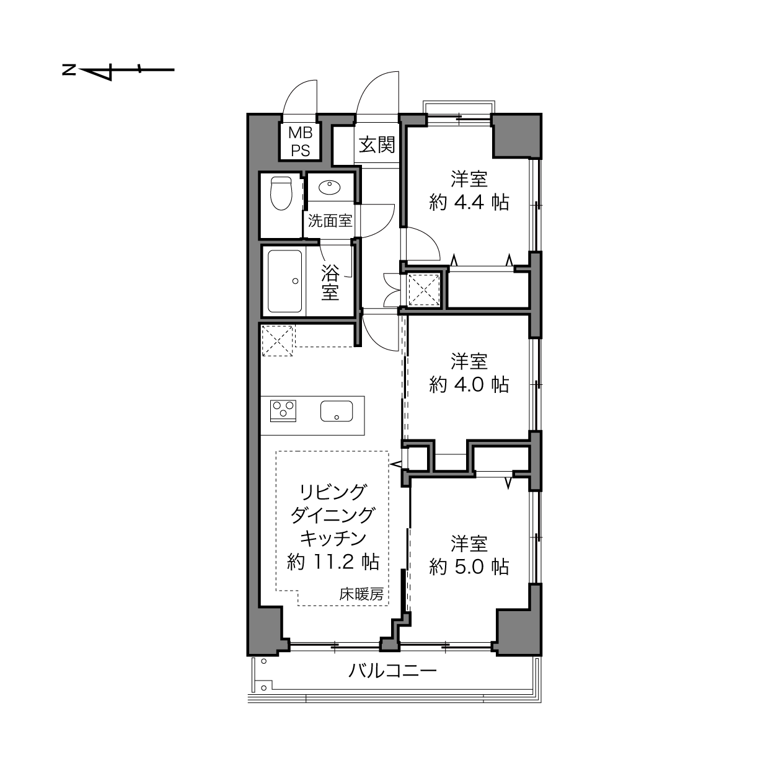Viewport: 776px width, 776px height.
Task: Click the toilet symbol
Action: tap(281, 193)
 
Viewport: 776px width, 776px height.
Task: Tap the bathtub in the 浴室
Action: tap(284, 281)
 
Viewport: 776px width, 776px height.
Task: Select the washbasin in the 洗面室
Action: tap(329, 187)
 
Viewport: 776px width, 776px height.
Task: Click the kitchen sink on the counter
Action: tap(337, 411)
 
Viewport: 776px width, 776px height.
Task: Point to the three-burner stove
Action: tap(283, 411)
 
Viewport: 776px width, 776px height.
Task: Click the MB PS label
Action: tap(301, 141)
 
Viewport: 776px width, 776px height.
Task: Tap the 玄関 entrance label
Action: tap(377, 144)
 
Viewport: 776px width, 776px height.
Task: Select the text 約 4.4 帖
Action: tap(469, 202)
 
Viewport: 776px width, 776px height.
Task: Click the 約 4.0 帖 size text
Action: tap(469, 384)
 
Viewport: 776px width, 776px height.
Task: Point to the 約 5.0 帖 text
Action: tap(469, 567)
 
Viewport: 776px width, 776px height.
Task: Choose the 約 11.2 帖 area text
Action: tap(333, 562)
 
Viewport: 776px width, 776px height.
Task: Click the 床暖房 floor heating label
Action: tap(361, 594)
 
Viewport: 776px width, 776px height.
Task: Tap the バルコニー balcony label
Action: tap(392, 671)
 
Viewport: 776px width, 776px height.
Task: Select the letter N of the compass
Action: tap(69, 70)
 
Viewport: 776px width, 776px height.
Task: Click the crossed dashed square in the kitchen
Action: tap(278, 341)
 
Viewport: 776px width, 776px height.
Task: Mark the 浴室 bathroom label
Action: tap(330, 283)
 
